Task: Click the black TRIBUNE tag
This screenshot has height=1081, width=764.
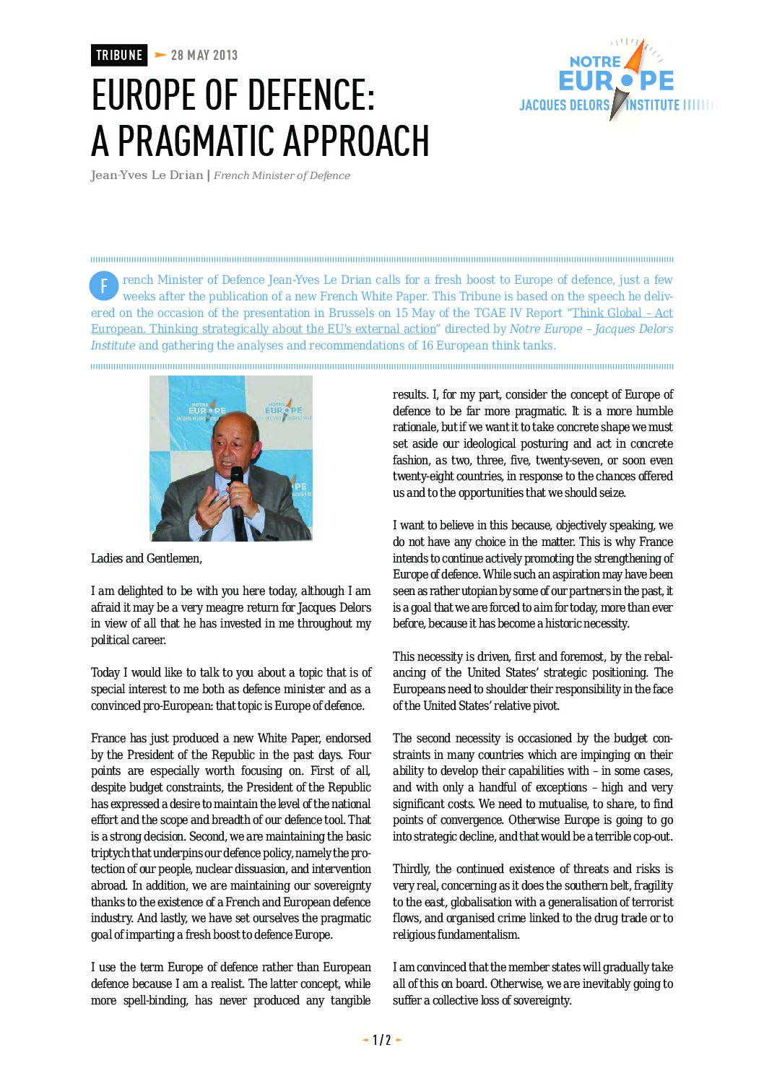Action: [119, 56]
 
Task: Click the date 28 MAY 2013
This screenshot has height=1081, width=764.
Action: [204, 56]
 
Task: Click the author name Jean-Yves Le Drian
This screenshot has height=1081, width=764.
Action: [147, 175]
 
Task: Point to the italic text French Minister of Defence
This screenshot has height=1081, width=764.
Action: [282, 175]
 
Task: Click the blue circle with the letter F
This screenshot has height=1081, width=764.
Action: [103, 287]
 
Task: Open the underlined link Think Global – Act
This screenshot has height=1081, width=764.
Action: [622, 313]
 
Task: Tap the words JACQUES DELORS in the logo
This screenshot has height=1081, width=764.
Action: [565, 105]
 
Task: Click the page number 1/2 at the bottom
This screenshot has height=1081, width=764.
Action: [381, 1040]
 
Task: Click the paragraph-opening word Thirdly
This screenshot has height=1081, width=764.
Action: [411, 869]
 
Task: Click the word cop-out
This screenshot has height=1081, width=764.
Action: [650, 836]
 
